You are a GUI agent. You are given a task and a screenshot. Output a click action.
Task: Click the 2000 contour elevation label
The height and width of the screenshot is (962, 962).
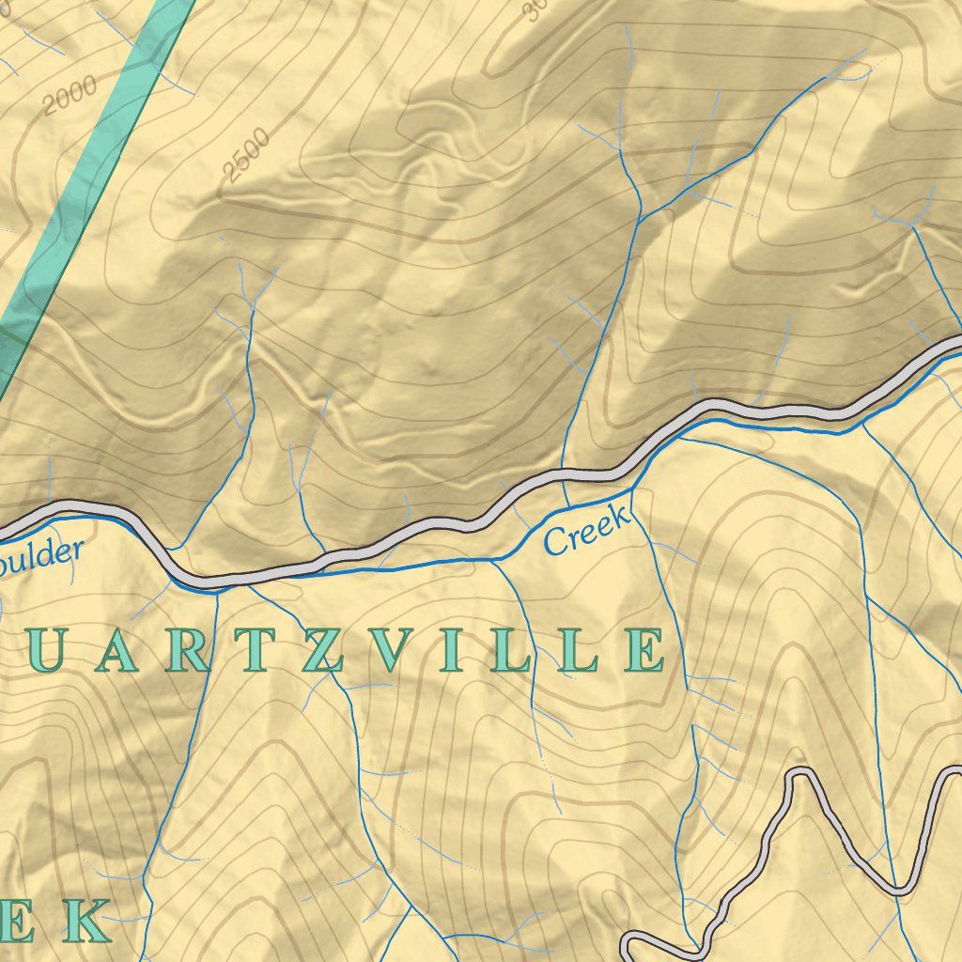[x=70, y=96]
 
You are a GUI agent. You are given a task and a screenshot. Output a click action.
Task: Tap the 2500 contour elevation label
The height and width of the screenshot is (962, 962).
[x=247, y=154]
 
